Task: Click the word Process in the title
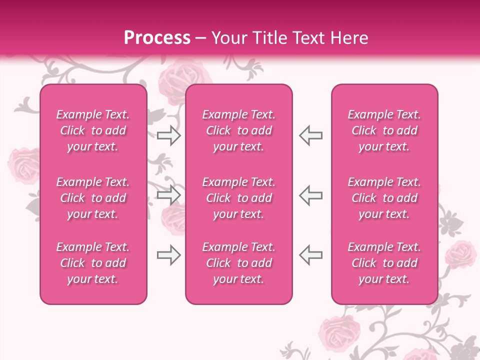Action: click(157, 37)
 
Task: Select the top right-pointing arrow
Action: click(168, 135)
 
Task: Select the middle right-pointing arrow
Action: click(168, 195)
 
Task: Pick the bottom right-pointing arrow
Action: click(168, 255)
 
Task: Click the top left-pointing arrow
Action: click(311, 135)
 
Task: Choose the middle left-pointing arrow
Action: click(311, 195)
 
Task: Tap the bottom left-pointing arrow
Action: click(311, 255)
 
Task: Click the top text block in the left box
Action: click(93, 130)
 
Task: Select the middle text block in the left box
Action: click(93, 198)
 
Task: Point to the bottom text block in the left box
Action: click(93, 263)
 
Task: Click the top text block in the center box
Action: click(239, 130)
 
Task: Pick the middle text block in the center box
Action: click(239, 198)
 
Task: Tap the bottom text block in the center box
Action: click(239, 263)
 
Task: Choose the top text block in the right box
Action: click(384, 130)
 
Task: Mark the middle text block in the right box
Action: click(384, 198)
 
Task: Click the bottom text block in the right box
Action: click(384, 263)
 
